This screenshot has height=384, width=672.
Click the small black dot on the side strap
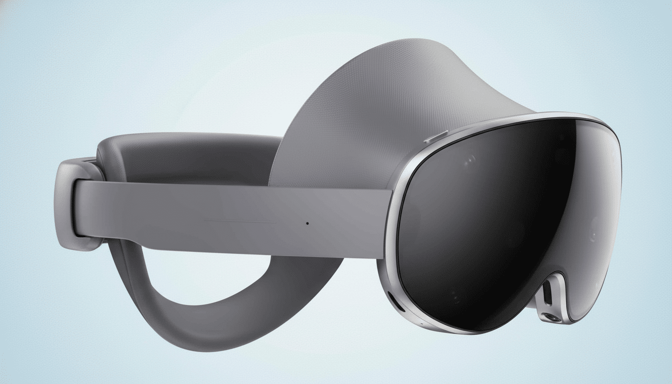pos(307,223)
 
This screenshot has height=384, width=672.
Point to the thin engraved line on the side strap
pos(240,221)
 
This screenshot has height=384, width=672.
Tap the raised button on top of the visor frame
pos(435,136)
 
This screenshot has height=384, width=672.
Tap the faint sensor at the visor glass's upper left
pos(470,160)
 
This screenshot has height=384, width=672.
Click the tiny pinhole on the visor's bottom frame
pos(421,323)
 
